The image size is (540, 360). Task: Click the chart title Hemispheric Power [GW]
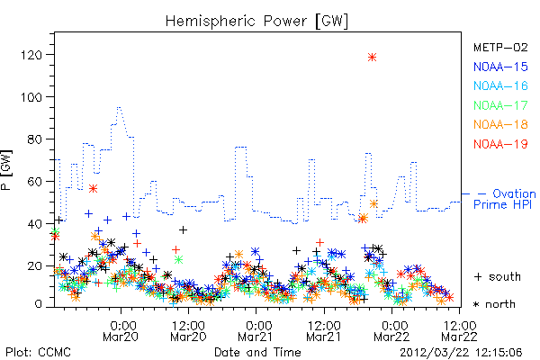(x=256, y=22)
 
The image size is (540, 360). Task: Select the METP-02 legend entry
(x=500, y=47)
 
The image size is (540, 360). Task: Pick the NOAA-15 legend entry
(x=500, y=67)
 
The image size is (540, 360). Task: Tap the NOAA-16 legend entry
(x=500, y=85)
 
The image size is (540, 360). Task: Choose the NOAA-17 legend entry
(x=500, y=105)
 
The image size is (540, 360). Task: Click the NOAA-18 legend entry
(x=500, y=124)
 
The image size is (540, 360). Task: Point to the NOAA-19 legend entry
(x=500, y=144)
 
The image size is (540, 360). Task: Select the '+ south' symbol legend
(x=498, y=276)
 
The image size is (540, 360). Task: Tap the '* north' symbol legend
(x=494, y=304)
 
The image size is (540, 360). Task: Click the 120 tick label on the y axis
(x=31, y=55)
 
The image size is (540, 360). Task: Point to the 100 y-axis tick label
(x=31, y=97)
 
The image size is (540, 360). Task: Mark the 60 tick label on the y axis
(x=35, y=182)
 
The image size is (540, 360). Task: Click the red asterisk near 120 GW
(x=372, y=58)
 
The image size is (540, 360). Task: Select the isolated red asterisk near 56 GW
(x=93, y=189)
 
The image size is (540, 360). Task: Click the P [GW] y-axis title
(x=6, y=170)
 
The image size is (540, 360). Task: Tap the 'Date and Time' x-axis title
(x=257, y=352)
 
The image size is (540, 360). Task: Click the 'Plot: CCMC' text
(x=38, y=352)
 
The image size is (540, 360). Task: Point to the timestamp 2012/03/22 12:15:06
(x=461, y=353)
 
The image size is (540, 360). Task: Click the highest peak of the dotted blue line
(x=119, y=107)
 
